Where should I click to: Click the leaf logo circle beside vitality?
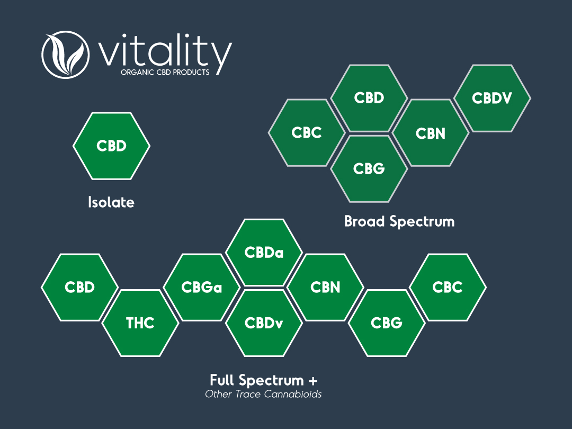point(66,55)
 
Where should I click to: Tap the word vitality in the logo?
point(165,52)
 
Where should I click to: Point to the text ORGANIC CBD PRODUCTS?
point(165,72)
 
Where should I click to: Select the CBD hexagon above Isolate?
point(111,146)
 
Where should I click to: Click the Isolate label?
point(111,202)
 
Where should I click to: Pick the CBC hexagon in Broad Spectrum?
point(307,133)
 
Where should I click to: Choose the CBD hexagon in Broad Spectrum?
point(369,98)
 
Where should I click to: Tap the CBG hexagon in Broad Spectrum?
point(369,169)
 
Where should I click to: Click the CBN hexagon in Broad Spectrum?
point(431,133)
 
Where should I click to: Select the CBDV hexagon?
point(492,98)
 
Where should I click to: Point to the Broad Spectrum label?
point(399,222)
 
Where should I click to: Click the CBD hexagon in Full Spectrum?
point(79,288)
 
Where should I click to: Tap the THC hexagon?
point(140,323)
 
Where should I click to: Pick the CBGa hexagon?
point(202,288)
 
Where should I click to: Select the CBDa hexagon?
point(264,253)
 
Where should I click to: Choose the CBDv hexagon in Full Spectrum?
point(264,323)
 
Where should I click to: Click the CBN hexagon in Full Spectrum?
point(325,288)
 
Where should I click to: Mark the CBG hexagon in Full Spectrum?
point(387,323)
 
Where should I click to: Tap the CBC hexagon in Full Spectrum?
point(448,288)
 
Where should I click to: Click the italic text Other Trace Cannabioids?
point(263,395)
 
